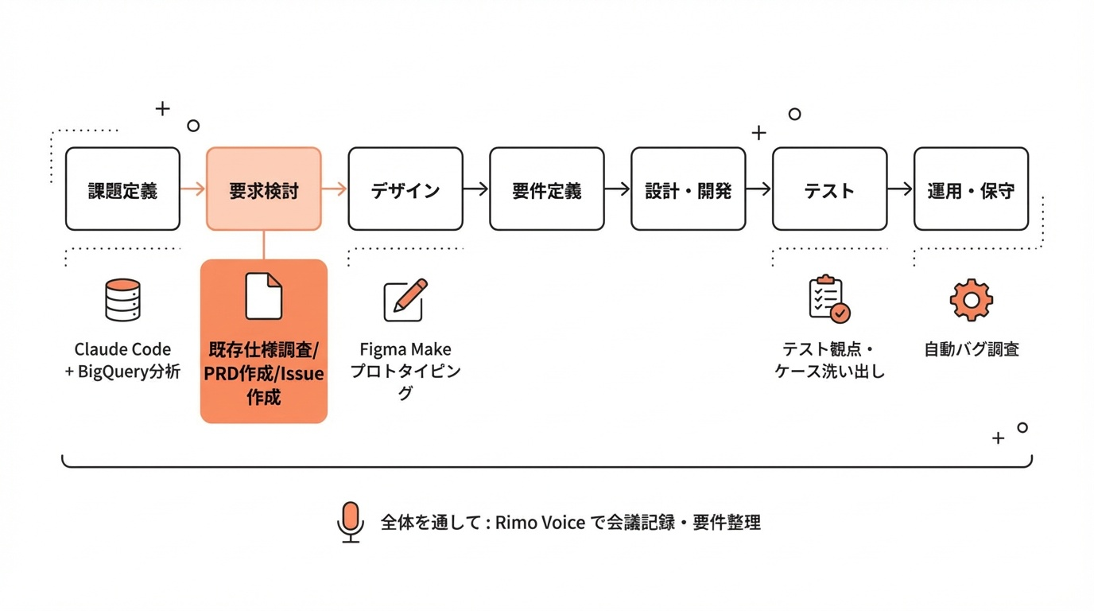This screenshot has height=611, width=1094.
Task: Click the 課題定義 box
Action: point(122,189)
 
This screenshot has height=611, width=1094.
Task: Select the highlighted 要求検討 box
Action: point(264,189)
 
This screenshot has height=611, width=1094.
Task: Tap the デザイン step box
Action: point(405,189)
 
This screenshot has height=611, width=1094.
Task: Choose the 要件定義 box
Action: point(547,189)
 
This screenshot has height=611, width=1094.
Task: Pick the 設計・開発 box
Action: point(689,189)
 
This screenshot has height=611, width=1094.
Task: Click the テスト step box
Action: point(829,189)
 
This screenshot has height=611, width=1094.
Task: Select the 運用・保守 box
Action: point(971,189)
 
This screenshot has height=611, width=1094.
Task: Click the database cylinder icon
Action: point(122,300)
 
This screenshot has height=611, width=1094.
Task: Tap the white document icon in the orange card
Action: point(263,296)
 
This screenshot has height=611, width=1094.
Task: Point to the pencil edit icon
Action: point(405,300)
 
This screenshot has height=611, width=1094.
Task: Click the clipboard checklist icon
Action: point(828,300)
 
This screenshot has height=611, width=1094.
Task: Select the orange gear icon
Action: point(971,300)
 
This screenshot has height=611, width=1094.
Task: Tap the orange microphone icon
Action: point(350,521)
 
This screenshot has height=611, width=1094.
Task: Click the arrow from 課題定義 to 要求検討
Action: point(193,189)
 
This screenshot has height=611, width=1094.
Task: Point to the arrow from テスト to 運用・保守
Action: point(900,189)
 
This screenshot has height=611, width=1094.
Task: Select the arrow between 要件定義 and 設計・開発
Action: point(618,189)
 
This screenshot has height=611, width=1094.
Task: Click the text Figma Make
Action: point(405,349)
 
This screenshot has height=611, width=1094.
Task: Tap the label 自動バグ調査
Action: point(971,349)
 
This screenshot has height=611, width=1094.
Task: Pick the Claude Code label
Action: point(122,349)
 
